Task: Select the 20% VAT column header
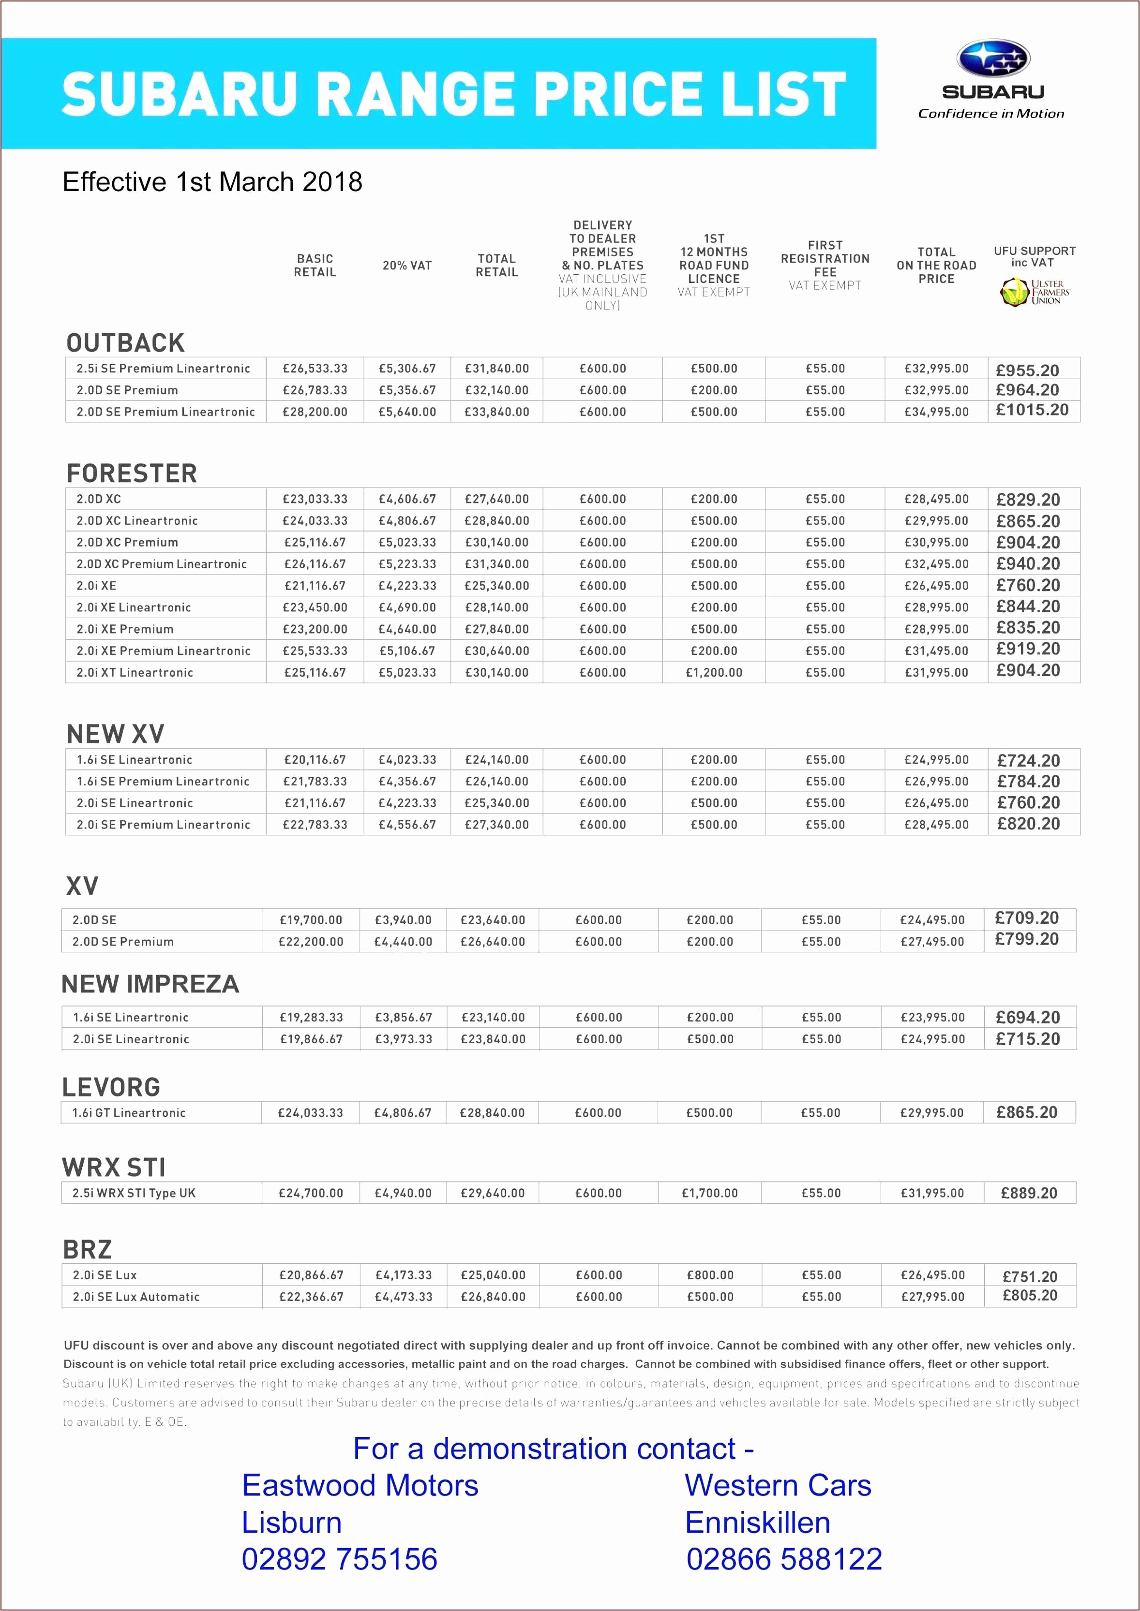click(407, 265)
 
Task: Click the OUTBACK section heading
click(126, 343)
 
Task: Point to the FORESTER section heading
click(132, 473)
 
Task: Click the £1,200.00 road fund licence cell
click(714, 672)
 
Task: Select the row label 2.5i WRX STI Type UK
click(134, 1193)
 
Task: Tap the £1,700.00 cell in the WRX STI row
click(710, 1193)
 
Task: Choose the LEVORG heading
click(112, 1087)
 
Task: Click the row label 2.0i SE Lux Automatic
click(136, 1297)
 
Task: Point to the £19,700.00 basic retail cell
click(311, 920)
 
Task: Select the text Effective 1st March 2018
click(213, 182)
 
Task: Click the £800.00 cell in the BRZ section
click(710, 1275)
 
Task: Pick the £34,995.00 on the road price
click(936, 412)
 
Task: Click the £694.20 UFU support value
click(1028, 1018)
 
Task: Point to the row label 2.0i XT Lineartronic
click(135, 672)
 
